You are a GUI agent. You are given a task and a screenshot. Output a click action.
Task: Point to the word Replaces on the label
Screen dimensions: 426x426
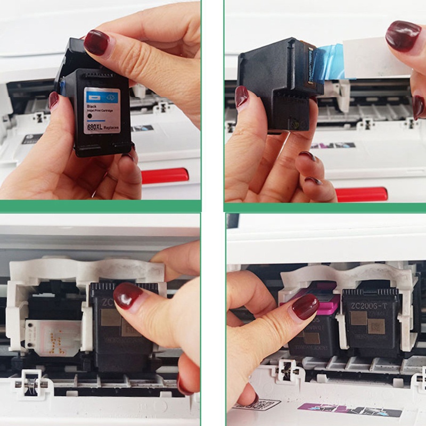tap(111, 129)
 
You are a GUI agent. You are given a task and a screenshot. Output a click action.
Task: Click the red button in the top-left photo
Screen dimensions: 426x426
tap(165, 175)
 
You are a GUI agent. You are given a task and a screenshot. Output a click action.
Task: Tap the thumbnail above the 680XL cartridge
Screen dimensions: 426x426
tap(96, 43)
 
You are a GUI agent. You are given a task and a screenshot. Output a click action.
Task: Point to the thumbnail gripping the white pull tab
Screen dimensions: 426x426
tap(403, 36)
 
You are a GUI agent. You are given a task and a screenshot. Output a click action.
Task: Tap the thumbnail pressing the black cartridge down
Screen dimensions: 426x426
tap(127, 296)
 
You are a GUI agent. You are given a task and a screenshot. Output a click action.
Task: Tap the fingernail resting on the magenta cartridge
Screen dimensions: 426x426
tap(305, 307)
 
